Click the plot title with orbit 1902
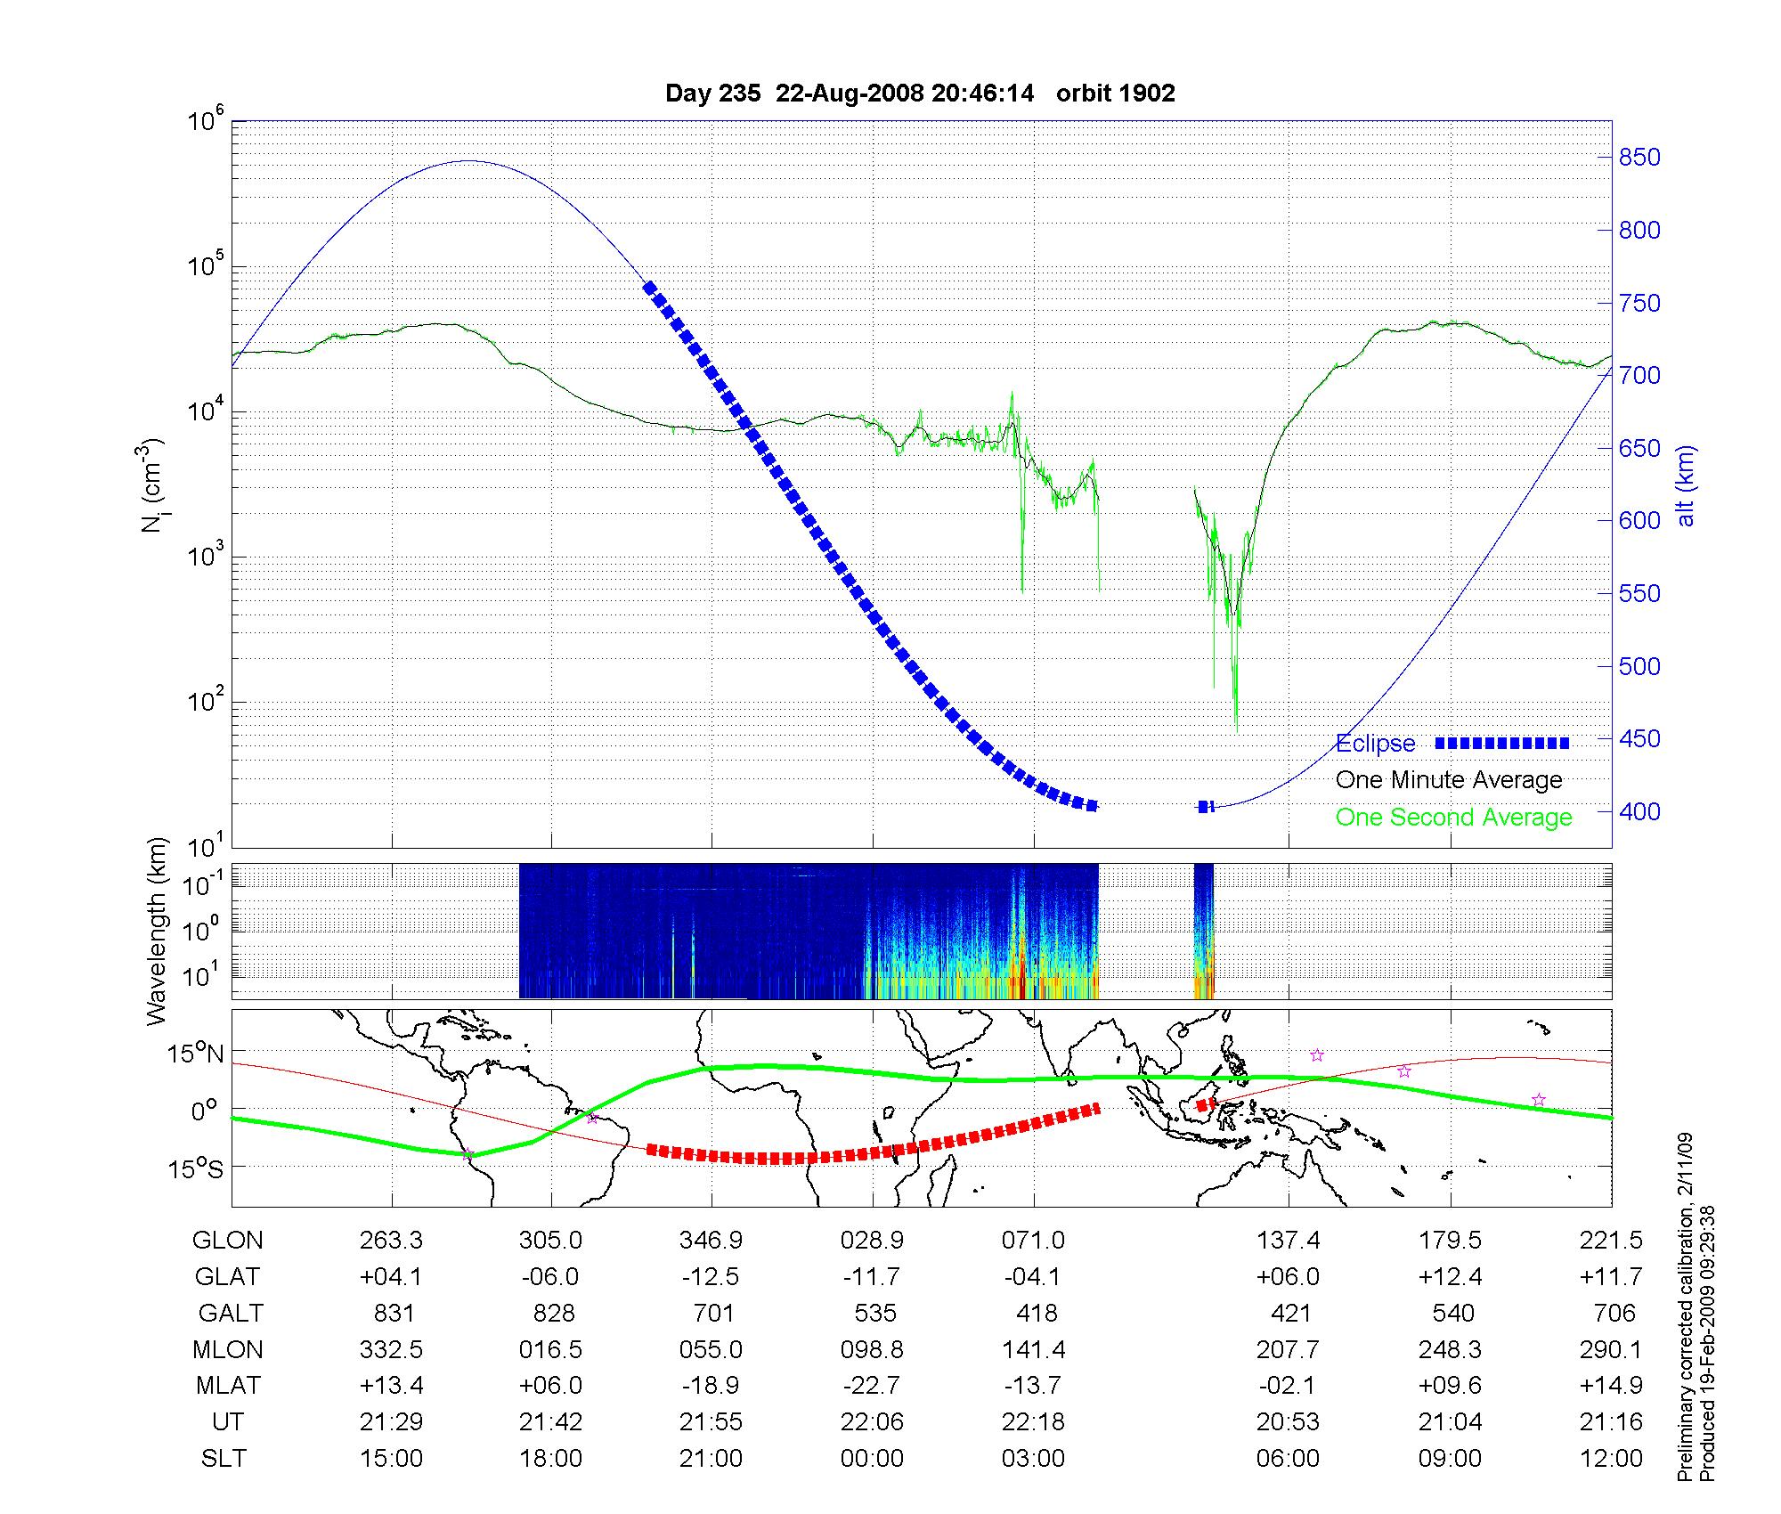click(920, 94)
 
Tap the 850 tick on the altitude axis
click(1639, 158)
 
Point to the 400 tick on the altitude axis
click(1639, 811)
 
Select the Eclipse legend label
click(1375, 744)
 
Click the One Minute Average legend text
click(1449, 780)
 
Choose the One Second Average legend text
click(1453, 818)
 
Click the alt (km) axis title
click(1686, 485)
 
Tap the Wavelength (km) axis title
click(158, 931)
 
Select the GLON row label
click(227, 1240)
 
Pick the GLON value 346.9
click(711, 1240)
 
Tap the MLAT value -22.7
click(872, 1386)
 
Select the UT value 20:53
click(1288, 1422)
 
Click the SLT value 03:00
click(1033, 1459)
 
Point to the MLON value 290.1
click(1611, 1349)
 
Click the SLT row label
click(224, 1459)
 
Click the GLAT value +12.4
click(1451, 1276)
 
